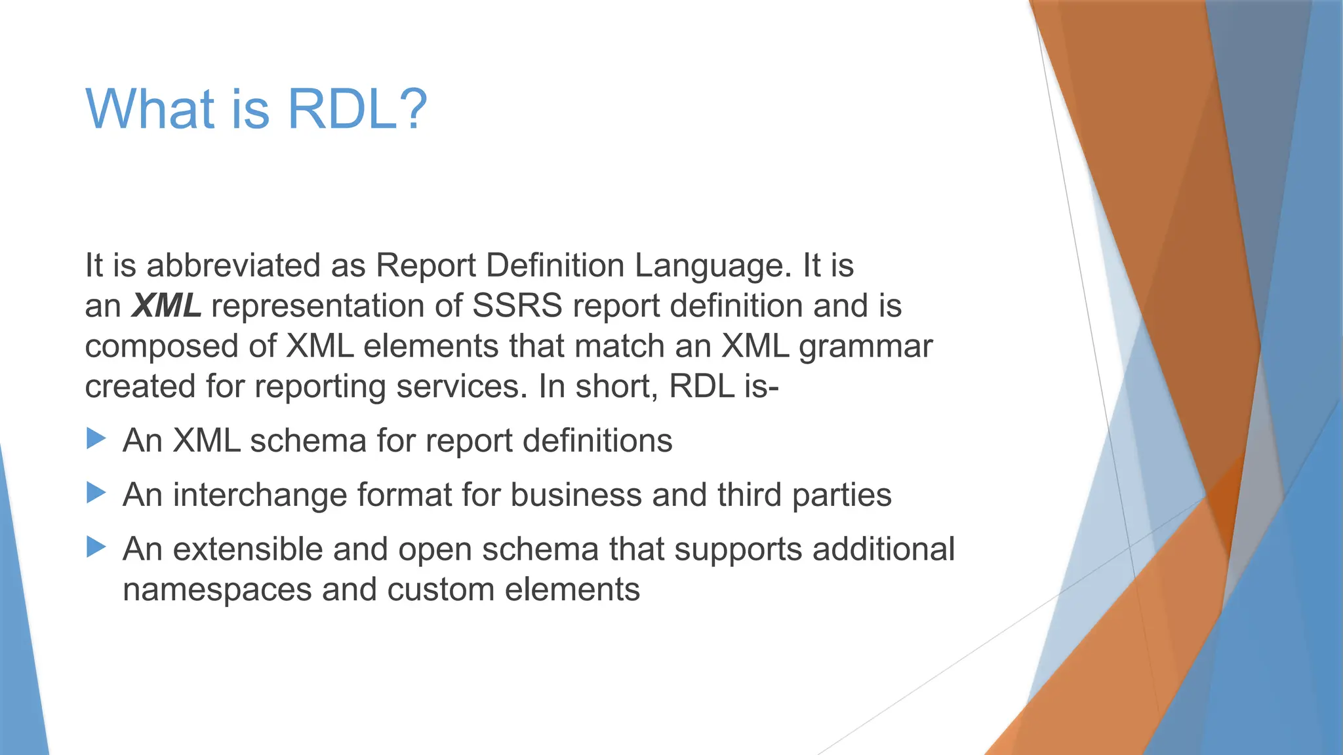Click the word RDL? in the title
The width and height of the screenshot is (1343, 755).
pos(357,109)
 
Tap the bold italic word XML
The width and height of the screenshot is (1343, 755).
pos(166,306)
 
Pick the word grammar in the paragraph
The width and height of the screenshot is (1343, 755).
pos(866,346)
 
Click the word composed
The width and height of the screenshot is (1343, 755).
pos(161,346)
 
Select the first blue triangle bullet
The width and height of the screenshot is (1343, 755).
pos(96,438)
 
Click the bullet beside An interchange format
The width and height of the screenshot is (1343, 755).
pos(96,493)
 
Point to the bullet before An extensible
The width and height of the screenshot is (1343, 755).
pos(96,547)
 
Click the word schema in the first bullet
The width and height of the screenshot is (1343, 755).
pos(308,440)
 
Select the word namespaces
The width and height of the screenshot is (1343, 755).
pos(217,589)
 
